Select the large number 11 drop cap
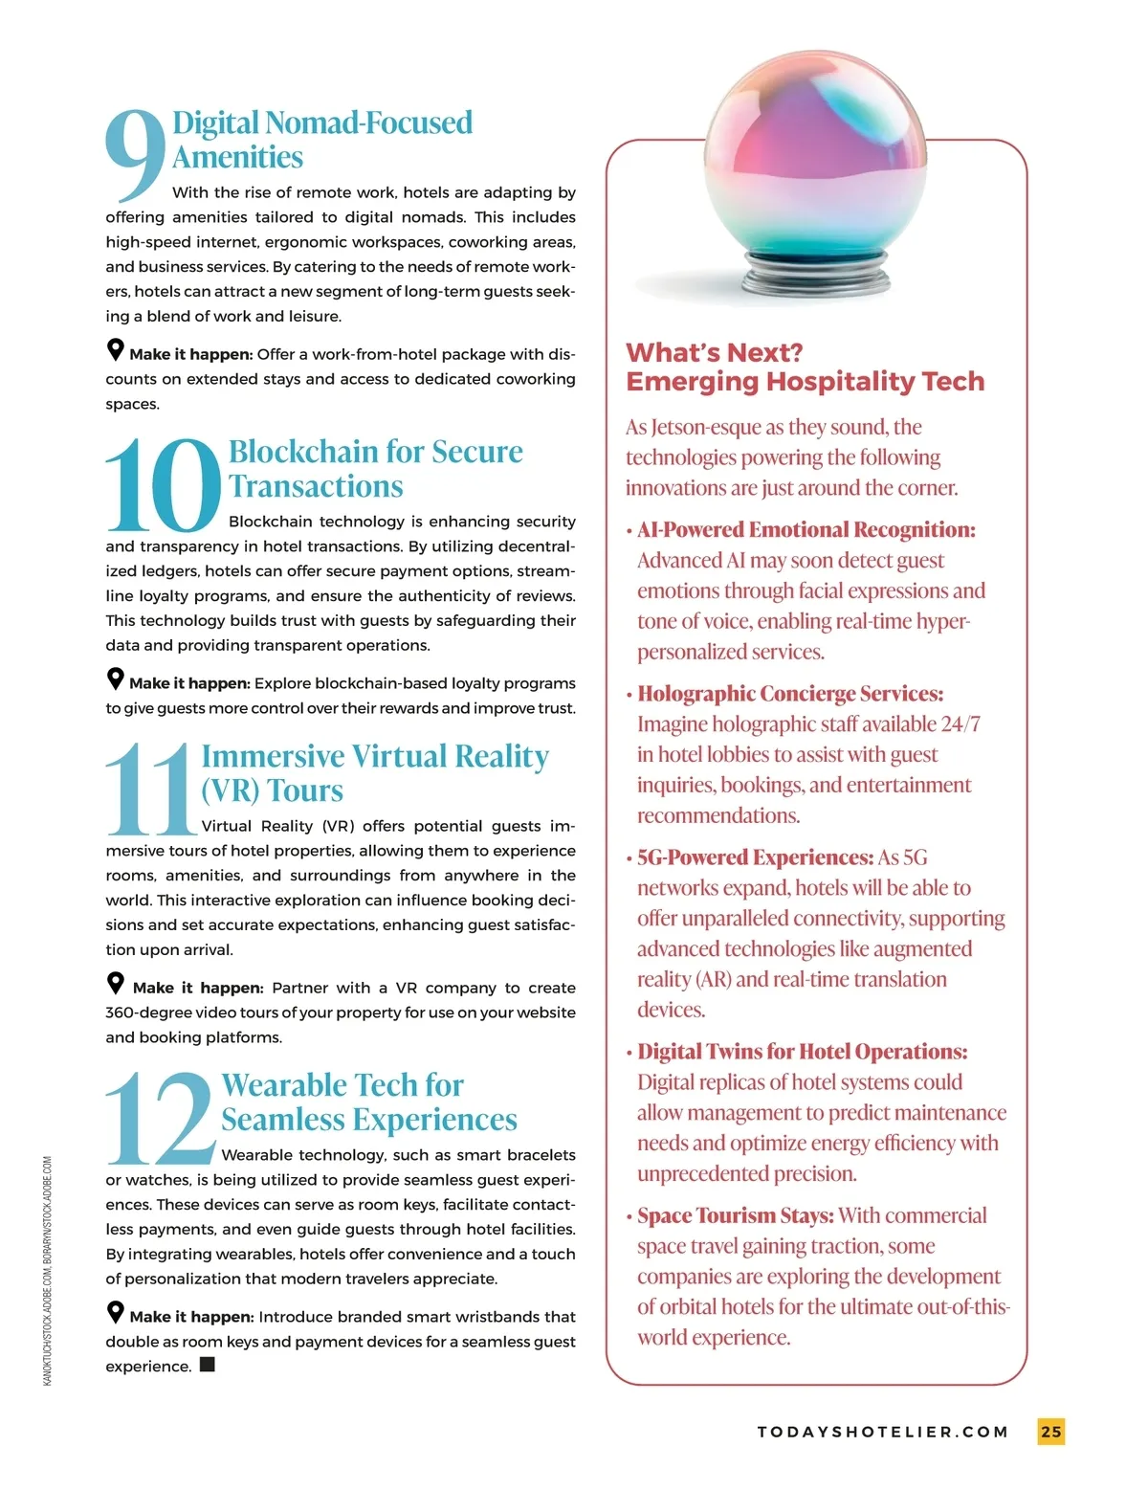[x=150, y=790]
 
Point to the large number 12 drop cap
[x=160, y=1118]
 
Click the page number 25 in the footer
[x=1050, y=1432]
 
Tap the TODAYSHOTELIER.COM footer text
[x=883, y=1433]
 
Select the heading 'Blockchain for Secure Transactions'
[x=375, y=469]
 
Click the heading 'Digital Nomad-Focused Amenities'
[x=321, y=140]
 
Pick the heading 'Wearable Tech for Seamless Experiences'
[x=368, y=1102]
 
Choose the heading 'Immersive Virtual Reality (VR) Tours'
[x=374, y=773]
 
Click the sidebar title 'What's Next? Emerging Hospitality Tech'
[x=805, y=367]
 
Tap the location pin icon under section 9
[x=116, y=350]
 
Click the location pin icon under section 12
[x=116, y=1313]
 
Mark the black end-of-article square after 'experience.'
[x=208, y=1365]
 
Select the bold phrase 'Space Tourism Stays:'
[x=735, y=1215]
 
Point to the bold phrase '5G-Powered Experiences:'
[x=755, y=857]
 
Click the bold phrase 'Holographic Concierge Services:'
[x=789, y=694]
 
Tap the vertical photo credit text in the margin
[x=48, y=1270]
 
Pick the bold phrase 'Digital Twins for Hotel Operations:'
[x=802, y=1052]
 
